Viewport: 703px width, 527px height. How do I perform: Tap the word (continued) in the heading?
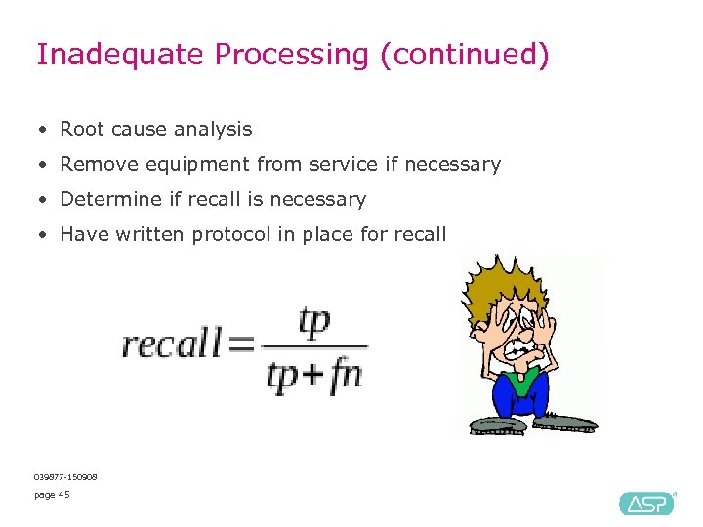point(465,55)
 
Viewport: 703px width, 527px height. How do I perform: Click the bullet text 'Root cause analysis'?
point(156,129)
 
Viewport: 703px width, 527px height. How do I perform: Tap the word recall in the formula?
point(171,345)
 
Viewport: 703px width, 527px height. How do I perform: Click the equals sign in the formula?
point(240,345)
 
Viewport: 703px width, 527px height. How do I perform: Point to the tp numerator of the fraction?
point(314,322)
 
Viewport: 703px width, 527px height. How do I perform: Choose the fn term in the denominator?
point(346,376)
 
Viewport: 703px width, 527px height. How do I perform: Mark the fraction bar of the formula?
point(314,347)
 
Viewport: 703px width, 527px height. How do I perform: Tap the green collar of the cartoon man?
point(521,383)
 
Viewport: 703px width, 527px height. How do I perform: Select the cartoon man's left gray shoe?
point(498,425)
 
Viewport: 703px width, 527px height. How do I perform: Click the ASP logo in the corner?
point(646,503)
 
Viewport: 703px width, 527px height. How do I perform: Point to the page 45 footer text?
point(52,495)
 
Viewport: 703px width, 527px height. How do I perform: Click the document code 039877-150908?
point(65,476)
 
